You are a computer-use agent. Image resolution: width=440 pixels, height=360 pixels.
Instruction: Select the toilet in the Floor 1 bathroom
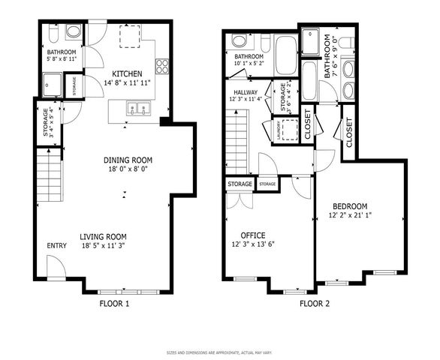pos(72,31)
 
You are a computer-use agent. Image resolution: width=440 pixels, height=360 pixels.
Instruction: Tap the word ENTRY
pos(57,246)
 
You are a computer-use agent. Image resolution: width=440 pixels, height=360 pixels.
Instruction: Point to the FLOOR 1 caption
pos(115,304)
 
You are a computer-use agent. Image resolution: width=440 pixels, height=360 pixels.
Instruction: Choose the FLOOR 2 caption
pos(315,304)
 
